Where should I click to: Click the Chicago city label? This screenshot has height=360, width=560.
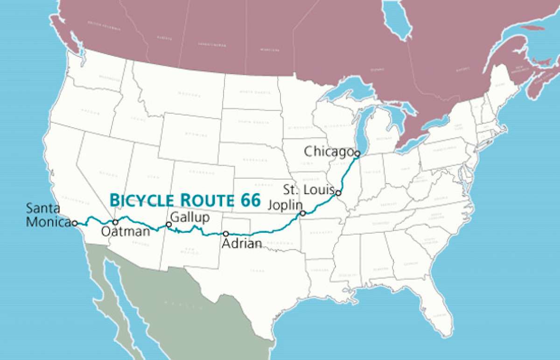click(x=328, y=152)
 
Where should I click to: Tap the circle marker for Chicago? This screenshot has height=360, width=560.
click(x=357, y=153)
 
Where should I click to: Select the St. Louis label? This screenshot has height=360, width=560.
click(x=308, y=189)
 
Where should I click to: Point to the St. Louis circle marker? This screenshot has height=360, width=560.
click(x=338, y=193)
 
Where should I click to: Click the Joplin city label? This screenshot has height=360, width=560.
click(x=285, y=205)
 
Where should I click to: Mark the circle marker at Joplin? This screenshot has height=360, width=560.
click(x=302, y=214)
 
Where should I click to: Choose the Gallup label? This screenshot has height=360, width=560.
click(x=190, y=218)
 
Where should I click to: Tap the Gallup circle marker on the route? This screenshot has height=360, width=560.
click(x=169, y=225)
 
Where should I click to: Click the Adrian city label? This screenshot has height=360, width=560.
click(x=241, y=243)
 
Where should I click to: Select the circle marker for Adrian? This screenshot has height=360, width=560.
click(x=226, y=234)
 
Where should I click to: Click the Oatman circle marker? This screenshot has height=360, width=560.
click(x=115, y=222)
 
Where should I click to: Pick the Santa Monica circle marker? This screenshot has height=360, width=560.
click(x=75, y=223)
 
